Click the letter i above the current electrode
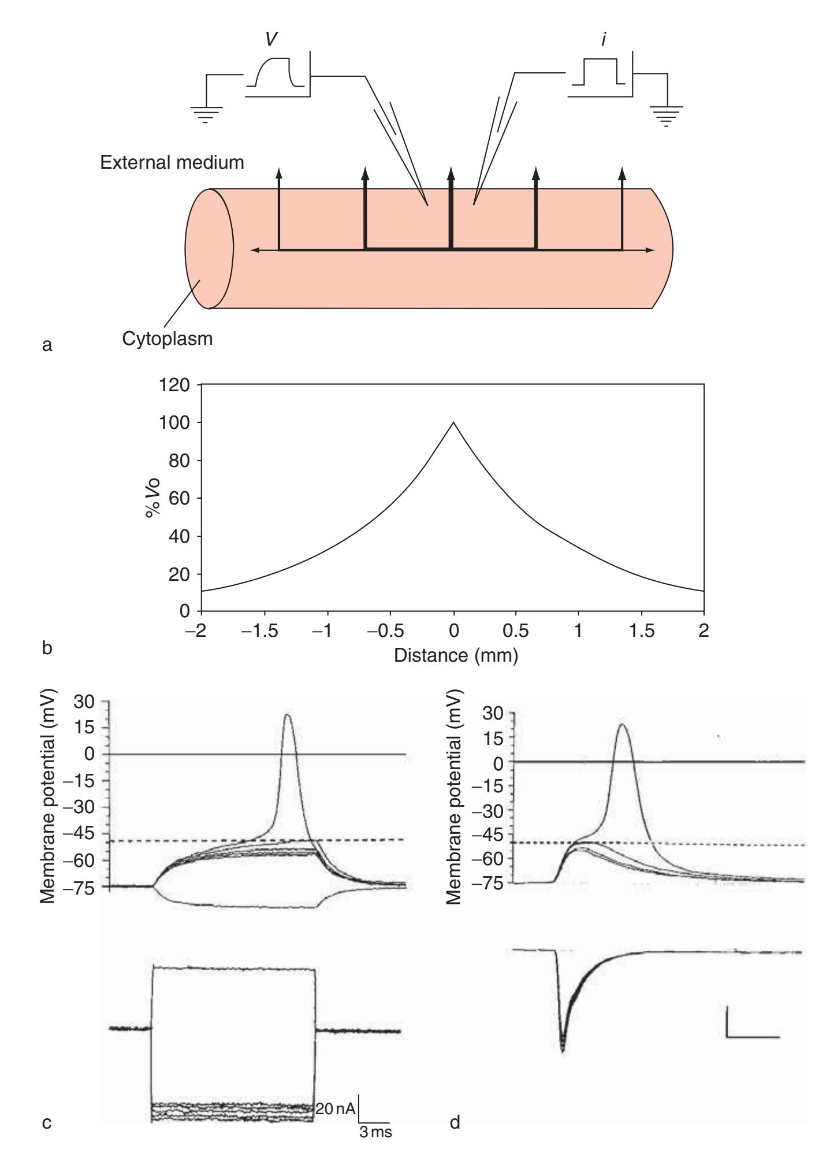604,41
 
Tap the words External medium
172,162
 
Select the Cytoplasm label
168,338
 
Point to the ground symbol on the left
206,114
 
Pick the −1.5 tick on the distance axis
264,630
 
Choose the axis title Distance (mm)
456,655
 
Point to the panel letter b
47,648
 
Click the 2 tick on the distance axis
703,630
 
